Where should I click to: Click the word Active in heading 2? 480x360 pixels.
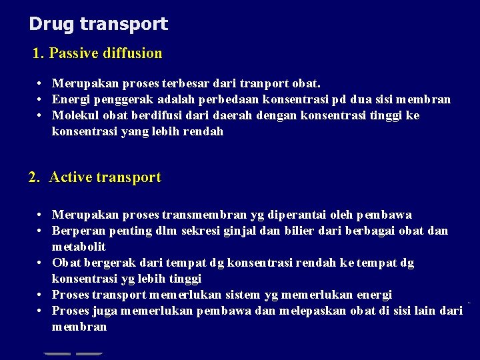click(71, 177)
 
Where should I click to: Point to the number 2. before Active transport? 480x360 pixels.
click(35, 177)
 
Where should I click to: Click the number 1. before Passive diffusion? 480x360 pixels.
click(39, 53)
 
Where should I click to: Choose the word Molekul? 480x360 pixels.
click(75, 116)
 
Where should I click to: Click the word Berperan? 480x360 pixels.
click(77, 231)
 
